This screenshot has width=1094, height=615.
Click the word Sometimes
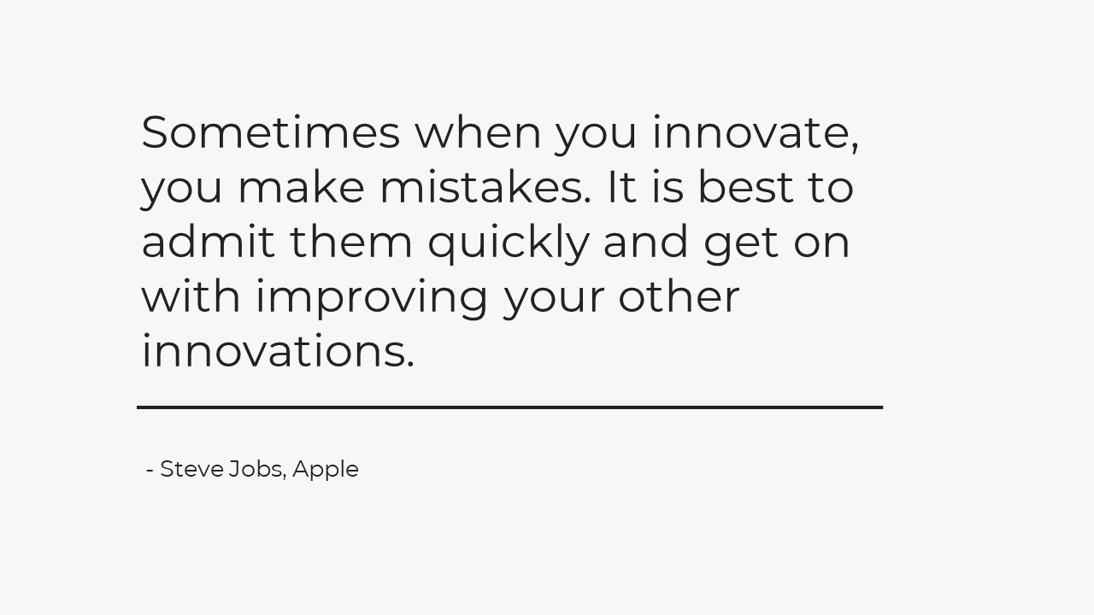(x=271, y=132)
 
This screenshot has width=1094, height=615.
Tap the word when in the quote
(x=478, y=132)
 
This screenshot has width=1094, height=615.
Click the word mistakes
(x=485, y=186)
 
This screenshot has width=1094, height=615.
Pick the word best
(x=746, y=186)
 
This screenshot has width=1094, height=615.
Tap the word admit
(x=208, y=241)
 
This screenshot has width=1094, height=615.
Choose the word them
(x=351, y=241)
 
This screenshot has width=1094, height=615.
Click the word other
(x=679, y=296)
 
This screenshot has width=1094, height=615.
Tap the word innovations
(x=278, y=350)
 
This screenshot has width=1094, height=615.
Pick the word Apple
(x=326, y=471)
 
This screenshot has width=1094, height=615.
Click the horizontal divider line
(x=510, y=407)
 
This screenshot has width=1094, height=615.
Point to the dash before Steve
(x=150, y=471)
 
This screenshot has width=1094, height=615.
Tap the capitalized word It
(x=621, y=186)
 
